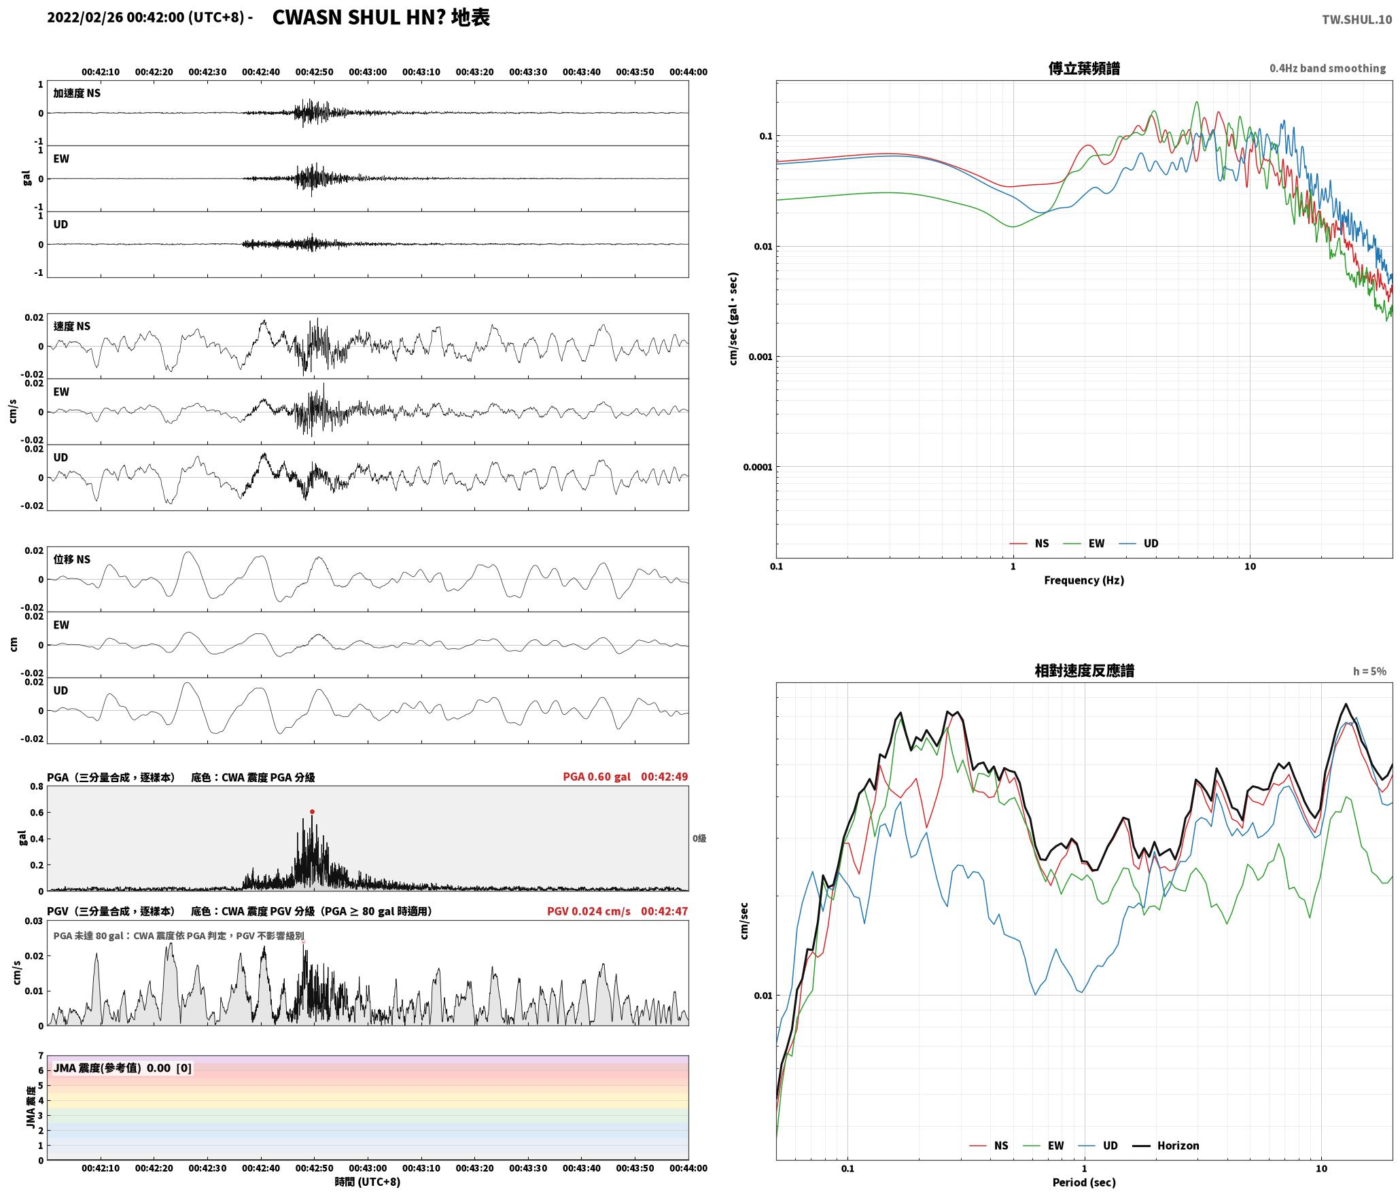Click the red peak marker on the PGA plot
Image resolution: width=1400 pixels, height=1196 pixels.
(x=312, y=811)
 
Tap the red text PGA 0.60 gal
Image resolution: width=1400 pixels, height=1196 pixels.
(x=597, y=777)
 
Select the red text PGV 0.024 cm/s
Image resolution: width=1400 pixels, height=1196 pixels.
(x=589, y=911)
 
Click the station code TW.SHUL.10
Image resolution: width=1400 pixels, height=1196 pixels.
(x=1357, y=20)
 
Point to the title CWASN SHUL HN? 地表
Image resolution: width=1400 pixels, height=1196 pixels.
(x=381, y=18)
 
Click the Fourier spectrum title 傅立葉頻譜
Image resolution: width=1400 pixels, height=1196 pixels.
(x=1084, y=69)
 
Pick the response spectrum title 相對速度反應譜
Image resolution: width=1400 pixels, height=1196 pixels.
(x=1084, y=671)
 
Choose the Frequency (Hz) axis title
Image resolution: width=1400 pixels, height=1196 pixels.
(x=1084, y=580)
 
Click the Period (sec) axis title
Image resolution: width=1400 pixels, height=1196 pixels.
(x=1084, y=1182)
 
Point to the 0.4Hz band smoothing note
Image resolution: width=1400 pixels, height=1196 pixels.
(x=1327, y=69)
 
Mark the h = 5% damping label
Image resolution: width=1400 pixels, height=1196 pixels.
(x=1369, y=671)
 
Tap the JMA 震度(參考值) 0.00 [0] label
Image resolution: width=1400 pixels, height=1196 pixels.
(x=122, y=1068)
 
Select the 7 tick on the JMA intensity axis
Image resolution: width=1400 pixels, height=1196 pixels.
(x=41, y=1056)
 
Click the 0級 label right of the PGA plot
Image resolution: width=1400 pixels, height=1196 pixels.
(x=699, y=839)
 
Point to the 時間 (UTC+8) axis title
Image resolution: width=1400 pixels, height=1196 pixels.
(x=368, y=1182)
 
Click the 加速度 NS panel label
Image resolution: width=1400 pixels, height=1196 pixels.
(x=77, y=93)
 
